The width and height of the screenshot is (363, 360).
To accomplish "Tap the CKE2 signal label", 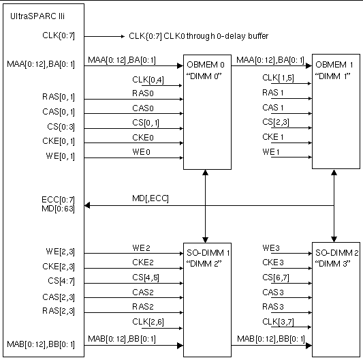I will [142, 261].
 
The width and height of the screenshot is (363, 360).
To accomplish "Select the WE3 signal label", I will [270, 247].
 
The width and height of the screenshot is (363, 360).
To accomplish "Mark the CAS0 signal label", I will [142, 107].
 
